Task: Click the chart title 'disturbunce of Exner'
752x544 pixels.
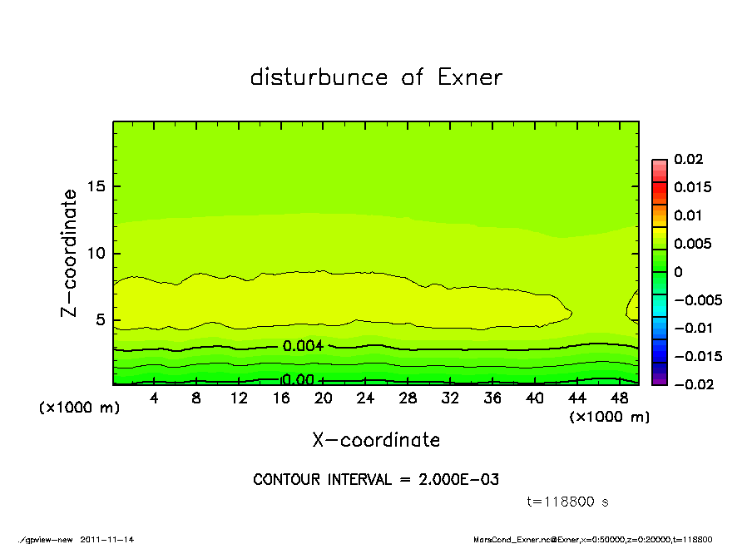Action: pyautogui.click(x=376, y=77)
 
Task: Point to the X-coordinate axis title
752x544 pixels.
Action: pyautogui.click(x=376, y=440)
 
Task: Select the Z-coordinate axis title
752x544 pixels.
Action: pyautogui.click(x=70, y=253)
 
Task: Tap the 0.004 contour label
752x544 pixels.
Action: pyautogui.click(x=303, y=346)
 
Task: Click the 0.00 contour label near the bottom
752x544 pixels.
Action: pyautogui.click(x=298, y=380)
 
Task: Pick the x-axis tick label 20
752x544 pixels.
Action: pyautogui.click(x=324, y=398)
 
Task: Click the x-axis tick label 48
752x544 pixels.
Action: pyautogui.click(x=619, y=398)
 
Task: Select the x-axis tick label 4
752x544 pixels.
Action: pyautogui.click(x=154, y=398)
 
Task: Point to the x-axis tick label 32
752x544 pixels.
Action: pyautogui.click(x=450, y=398)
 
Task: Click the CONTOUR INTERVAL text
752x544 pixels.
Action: pyautogui.click(x=376, y=480)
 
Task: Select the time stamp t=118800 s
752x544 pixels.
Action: pyautogui.click(x=569, y=502)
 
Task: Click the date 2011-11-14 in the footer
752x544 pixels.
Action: pyautogui.click(x=107, y=539)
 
